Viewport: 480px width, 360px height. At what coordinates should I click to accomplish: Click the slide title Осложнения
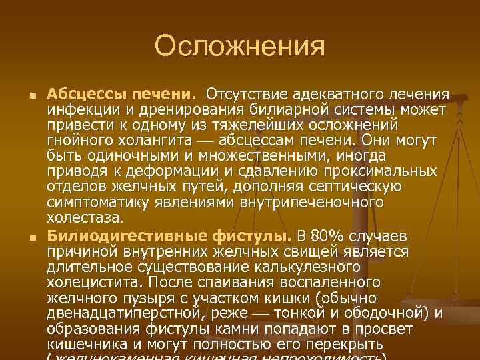click(x=239, y=46)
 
